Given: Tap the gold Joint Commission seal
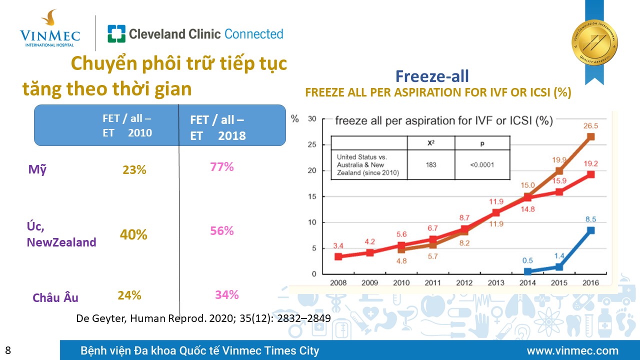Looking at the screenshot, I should (594, 42).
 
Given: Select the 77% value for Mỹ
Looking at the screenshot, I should (222, 166).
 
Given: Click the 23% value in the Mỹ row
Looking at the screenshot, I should (134, 170).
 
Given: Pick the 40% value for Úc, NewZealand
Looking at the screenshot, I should (133, 234).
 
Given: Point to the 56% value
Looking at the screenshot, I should (222, 230).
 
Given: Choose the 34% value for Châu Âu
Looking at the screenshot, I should (227, 294).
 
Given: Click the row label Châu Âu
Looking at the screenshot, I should (55, 297).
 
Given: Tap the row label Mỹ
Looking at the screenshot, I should (37, 169).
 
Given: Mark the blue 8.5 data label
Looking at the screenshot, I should (590, 218).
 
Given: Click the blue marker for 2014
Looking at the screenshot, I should (527, 271).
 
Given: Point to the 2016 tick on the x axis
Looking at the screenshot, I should (590, 283).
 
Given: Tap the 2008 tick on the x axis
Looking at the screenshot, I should (338, 283).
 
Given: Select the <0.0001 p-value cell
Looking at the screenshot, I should (482, 164).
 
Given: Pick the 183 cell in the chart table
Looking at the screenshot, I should (431, 164).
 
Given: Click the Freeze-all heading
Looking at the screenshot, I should (432, 76).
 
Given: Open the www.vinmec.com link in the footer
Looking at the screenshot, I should (572, 350).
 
